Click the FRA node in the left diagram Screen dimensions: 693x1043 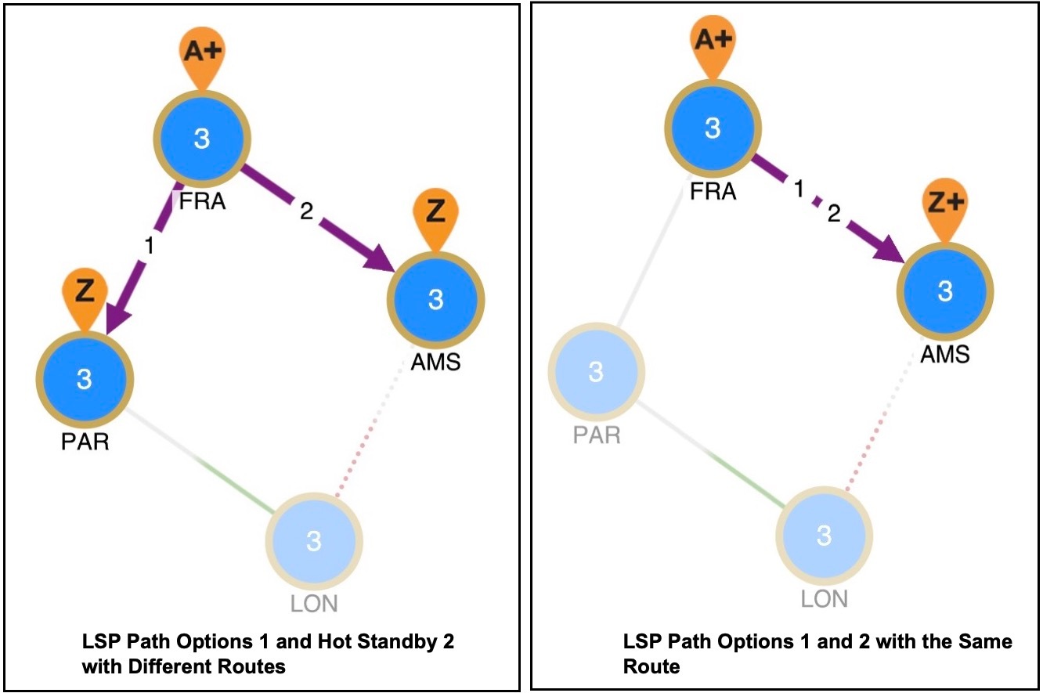click(x=201, y=139)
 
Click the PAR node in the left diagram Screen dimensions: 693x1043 click(x=85, y=380)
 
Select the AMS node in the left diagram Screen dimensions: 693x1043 click(x=436, y=299)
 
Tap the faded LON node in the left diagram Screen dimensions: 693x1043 click(x=313, y=541)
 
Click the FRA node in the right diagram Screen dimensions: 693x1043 click(x=712, y=128)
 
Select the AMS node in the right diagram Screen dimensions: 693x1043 click(x=945, y=291)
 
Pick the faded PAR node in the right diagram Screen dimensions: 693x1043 click(x=596, y=372)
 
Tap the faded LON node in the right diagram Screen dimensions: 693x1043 click(x=824, y=536)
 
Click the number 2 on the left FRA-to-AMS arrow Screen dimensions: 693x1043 click(x=306, y=212)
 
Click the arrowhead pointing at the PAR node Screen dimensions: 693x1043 click(x=116, y=317)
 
